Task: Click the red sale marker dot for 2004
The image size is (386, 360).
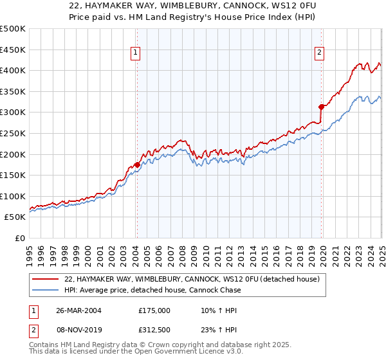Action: [x=137, y=165]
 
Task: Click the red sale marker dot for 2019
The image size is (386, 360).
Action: [x=321, y=107]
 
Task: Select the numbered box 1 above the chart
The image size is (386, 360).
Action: [x=136, y=54]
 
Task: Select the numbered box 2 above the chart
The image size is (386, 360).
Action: [x=320, y=54]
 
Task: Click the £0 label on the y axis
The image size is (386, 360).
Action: [x=21, y=238]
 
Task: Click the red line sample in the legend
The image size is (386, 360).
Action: [x=46, y=279]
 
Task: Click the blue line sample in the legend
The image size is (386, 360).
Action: [x=46, y=290]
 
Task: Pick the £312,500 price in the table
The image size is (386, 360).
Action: [x=154, y=330]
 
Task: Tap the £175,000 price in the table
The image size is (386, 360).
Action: [x=154, y=310]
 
